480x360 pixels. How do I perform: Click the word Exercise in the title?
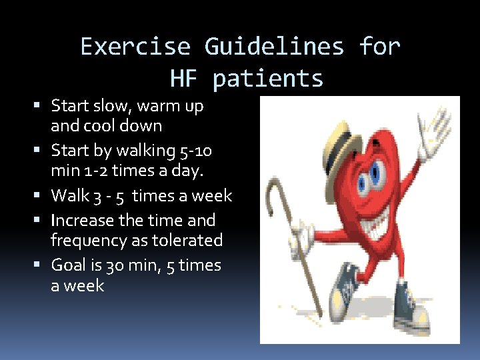coord(135,47)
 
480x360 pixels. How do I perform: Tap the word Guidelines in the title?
coord(274,47)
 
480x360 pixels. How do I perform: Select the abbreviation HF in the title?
coord(184,79)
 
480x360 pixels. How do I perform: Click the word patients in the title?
coord(268,79)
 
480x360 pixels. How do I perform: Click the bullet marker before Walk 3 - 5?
coord(43,196)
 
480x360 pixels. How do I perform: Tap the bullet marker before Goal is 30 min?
coord(43,265)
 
